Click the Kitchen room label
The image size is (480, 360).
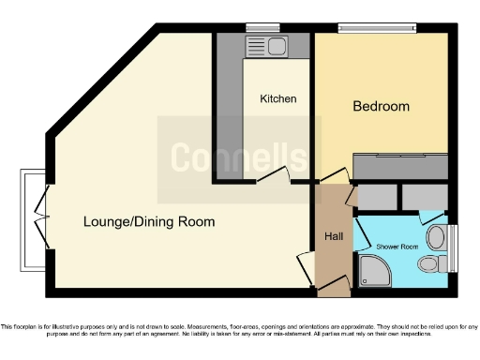(x=278, y=98)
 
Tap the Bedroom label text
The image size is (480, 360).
(x=381, y=106)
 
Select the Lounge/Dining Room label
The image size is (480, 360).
(x=149, y=222)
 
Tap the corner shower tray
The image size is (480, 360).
(x=374, y=276)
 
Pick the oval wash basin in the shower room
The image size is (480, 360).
(x=436, y=234)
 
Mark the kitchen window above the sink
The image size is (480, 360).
(x=256, y=27)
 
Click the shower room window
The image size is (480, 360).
(x=454, y=249)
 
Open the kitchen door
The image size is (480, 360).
(x=273, y=174)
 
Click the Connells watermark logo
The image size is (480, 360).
(x=238, y=157)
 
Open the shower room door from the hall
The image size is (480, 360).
(x=359, y=234)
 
